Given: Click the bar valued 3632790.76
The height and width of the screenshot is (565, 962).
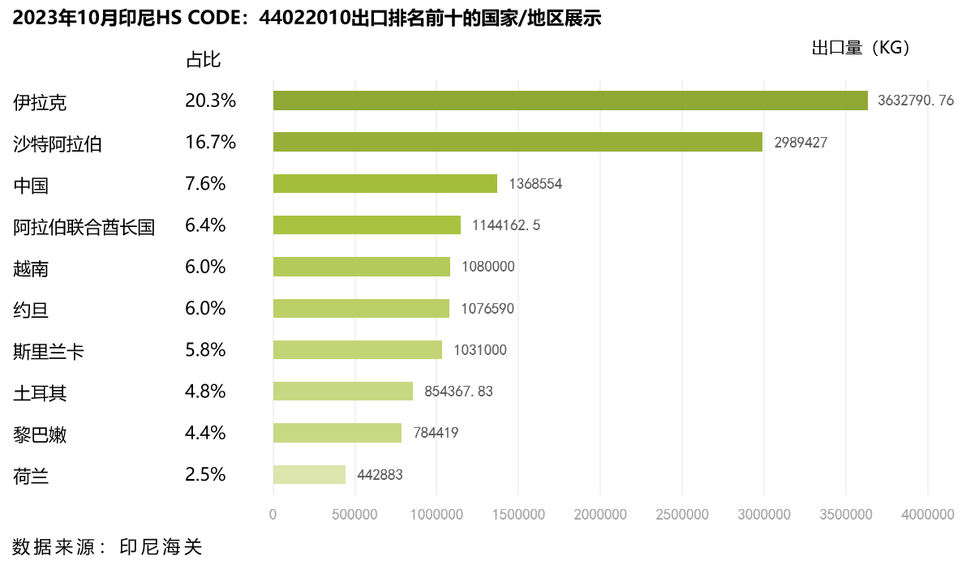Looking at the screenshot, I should click(570, 101).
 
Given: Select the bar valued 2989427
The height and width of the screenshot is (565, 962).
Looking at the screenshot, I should click(518, 142).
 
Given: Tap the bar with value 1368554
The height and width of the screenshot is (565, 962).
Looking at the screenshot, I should click(385, 184).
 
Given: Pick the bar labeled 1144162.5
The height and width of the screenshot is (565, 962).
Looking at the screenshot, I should click(367, 225).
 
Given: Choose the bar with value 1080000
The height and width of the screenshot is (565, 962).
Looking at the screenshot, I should click(362, 267).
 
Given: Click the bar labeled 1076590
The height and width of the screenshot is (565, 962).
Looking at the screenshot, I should click(361, 308).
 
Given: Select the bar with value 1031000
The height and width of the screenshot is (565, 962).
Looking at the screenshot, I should click(358, 349).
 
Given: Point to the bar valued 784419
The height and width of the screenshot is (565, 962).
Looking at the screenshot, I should click(337, 433).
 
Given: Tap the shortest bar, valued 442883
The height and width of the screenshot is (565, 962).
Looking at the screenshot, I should click(309, 474).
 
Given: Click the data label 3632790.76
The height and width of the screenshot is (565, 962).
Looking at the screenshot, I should click(916, 101).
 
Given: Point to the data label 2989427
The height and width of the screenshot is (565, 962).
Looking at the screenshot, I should click(801, 143).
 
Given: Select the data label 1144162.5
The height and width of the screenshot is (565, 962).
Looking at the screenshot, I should click(506, 225).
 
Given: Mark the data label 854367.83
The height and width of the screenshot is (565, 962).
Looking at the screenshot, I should click(458, 392).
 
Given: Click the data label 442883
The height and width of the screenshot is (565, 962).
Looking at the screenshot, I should click(380, 475).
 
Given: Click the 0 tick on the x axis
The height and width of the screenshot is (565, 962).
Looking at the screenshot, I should click(273, 515).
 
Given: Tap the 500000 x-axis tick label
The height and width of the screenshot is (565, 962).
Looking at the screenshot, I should click(355, 515).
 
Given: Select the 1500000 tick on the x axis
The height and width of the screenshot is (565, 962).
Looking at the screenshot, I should click(518, 515).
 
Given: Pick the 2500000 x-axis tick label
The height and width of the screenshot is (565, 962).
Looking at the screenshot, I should click(682, 515).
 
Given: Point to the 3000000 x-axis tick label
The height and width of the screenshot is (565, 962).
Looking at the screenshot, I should click(764, 515).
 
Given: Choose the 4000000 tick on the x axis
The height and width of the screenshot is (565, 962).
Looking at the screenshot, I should click(928, 515).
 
